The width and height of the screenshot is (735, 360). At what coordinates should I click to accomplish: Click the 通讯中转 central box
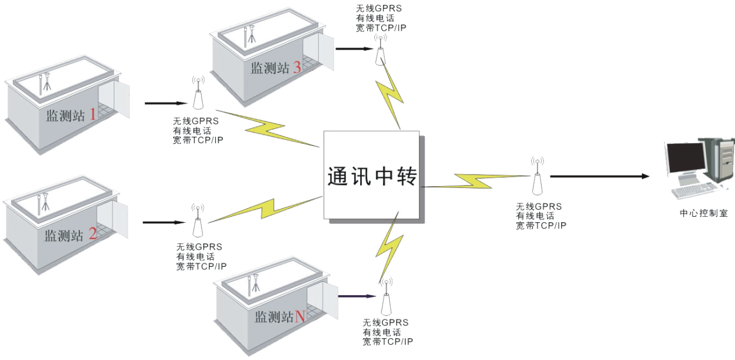(372, 176)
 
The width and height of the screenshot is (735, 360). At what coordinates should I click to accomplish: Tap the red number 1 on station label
(92, 115)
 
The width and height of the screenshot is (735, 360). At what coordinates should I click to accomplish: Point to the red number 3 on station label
(296, 68)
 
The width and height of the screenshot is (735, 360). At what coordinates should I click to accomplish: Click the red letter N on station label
(299, 317)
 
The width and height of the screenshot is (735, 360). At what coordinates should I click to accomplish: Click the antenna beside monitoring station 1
(198, 94)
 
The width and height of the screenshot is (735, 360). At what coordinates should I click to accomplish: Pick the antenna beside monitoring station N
(386, 298)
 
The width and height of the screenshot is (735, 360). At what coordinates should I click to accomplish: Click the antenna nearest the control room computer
(537, 176)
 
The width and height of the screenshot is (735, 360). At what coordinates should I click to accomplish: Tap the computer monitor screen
(684, 156)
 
